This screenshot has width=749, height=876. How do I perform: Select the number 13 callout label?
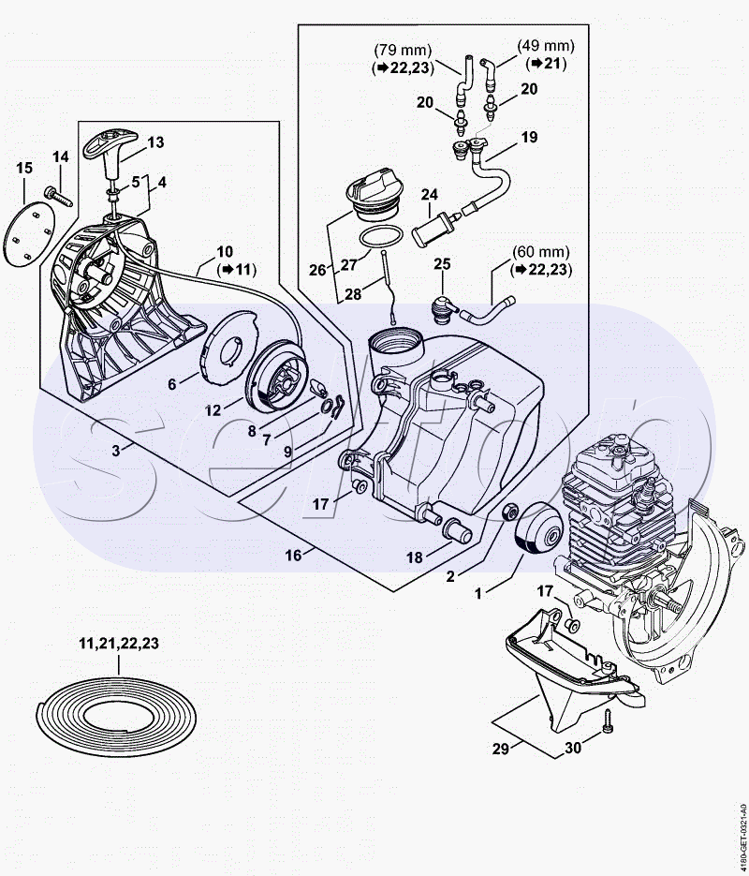coord(155,142)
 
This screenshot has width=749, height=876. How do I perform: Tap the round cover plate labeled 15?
coord(30,234)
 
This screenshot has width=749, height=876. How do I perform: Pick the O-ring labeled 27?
coord(381,236)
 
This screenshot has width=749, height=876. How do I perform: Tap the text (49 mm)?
coord(546,45)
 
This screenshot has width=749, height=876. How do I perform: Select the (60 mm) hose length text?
coord(541,252)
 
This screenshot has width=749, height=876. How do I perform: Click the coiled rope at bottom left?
coord(116,716)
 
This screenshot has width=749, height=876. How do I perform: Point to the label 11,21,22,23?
coord(118,644)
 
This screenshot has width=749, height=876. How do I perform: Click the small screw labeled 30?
coord(608,721)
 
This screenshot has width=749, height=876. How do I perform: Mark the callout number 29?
coord(501,748)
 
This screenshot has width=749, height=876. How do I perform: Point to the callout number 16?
coord(294,555)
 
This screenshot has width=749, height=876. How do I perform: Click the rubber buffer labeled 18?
coord(457,529)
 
